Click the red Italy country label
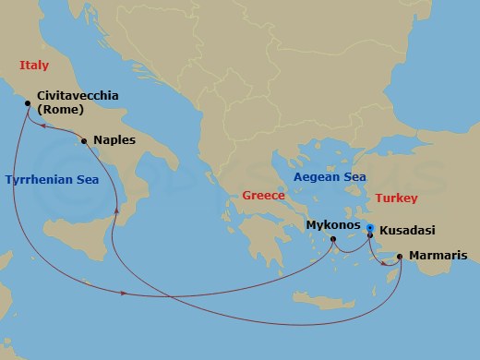pyautogui.click(x=34, y=64)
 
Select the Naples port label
pyautogui.click(x=114, y=140)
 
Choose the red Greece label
pyautogui.click(x=263, y=195)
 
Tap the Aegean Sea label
pyautogui.click(x=330, y=176)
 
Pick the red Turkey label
pyautogui.click(x=397, y=198)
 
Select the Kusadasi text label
pyautogui.click(x=407, y=230)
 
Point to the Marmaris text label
pyautogui.click(x=438, y=256)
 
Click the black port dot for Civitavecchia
pyautogui.click(x=29, y=103)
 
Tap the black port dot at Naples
pyautogui.click(x=84, y=141)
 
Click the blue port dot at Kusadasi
pyautogui.click(x=370, y=227)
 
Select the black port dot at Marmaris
pyautogui.click(x=400, y=257)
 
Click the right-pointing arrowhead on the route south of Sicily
pyautogui.click(x=124, y=294)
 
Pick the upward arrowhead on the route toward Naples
pyautogui.click(x=116, y=210)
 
